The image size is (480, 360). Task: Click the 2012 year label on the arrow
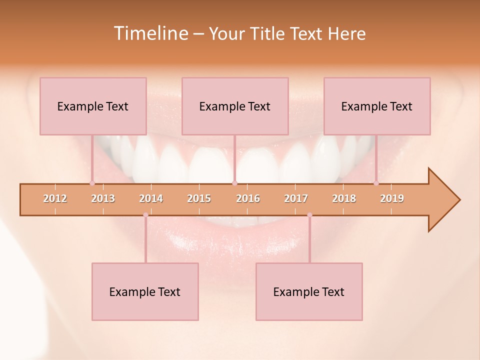click(x=55, y=198)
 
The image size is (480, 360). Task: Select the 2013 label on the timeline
click(x=103, y=198)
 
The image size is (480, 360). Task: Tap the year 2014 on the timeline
click(x=151, y=198)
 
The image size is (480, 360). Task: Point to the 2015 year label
click(x=199, y=198)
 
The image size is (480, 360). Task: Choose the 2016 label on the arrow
click(x=248, y=198)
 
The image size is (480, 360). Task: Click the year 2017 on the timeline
click(x=296, y=198)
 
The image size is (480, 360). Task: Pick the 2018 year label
click(x=344, y=198)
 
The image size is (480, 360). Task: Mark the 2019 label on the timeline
click(x=392, y=198)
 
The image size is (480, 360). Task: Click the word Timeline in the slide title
click(x=149, y=33)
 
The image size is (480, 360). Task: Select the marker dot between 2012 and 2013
click(x=92, y=183)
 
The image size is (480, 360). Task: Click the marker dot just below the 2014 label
click(x=145, y=215)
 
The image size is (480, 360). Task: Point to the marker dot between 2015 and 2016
click(x=234, y=183)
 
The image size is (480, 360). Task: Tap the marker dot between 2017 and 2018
click(x=309, y=215)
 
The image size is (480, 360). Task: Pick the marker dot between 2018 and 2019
click(x=376, y=183)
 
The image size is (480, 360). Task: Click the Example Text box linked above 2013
click(x=93, y=106)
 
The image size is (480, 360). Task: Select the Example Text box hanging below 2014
click(x=145, y=291)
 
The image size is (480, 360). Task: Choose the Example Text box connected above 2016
click(x=235, y=106)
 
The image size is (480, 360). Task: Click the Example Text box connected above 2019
click(x=377, y=106)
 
